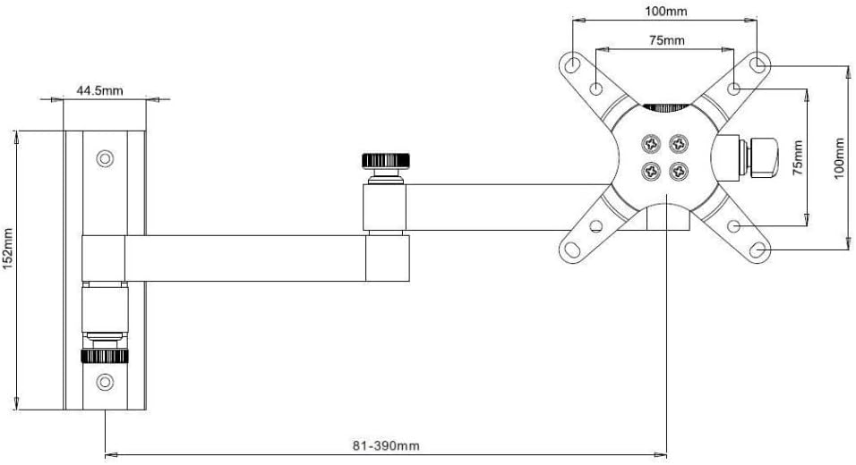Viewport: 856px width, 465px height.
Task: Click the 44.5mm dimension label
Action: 99,90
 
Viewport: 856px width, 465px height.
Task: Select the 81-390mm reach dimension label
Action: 386,446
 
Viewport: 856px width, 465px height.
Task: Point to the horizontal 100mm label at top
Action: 666,11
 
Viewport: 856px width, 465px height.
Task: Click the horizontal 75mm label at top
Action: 666,40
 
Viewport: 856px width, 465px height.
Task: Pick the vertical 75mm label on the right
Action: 798,157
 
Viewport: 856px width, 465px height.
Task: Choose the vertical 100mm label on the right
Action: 840,158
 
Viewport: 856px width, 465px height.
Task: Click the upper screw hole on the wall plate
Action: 105,158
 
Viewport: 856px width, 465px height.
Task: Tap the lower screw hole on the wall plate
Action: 105,382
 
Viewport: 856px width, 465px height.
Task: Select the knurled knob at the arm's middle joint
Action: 386,161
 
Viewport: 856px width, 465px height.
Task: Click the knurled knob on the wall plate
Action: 105,357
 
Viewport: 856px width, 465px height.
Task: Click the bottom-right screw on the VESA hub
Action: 679,172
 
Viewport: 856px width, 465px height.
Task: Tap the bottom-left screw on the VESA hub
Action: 651,172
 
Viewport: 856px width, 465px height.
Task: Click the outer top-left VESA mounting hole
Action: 572,65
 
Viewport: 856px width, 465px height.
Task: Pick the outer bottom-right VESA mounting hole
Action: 758,250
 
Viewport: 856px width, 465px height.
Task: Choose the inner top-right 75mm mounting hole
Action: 734,88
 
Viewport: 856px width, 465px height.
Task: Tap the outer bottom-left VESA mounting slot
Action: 572,249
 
